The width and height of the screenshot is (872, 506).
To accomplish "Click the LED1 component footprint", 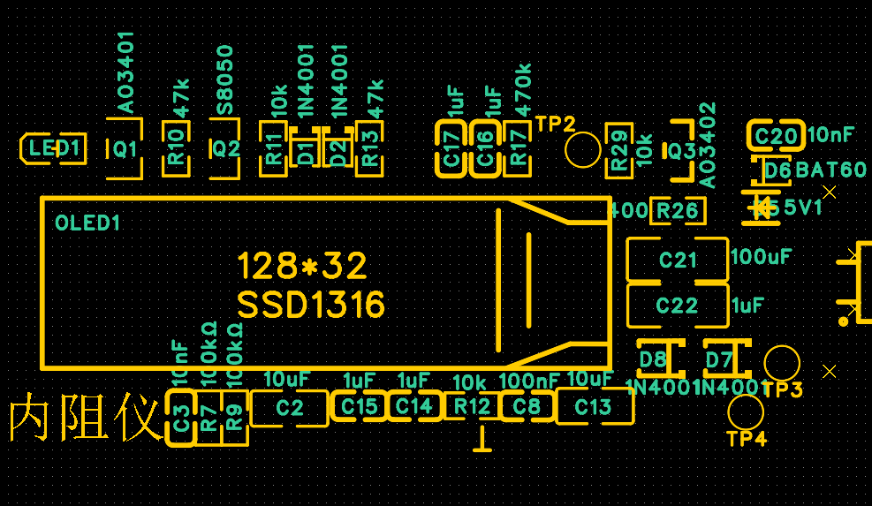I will pyautogui.click(x=53, y=148).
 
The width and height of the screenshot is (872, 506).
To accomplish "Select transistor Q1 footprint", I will pyautogui.click(x=125, y=148).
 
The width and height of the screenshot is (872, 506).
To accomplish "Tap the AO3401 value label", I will pyautogui.click(x=125, y=72).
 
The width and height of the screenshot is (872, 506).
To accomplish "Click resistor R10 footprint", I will pyautogui.click(x=178, y=148).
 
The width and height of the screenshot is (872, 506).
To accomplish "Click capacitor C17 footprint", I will pyautogui.click(x=451, y=148).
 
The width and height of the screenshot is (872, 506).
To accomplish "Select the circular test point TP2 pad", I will pyautogui.click(x=583, y=149).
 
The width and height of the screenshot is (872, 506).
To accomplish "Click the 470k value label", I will pyautogui.click(x=522, y=89).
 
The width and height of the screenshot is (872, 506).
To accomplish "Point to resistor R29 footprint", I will pyautogui.click(x=618, y=148).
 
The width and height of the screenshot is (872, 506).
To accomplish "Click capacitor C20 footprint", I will pyautogui.click(x=776, y=136).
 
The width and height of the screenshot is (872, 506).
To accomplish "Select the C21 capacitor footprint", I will pyautogui.click(x=678, y=260).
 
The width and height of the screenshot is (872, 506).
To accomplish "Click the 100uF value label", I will pyautogui.click(x=762, y=257).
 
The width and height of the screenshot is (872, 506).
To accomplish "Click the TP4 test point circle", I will pyautogui.click(x=746, y=412).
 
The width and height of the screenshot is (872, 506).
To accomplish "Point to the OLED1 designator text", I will pyautogui.click(x=87, y=223).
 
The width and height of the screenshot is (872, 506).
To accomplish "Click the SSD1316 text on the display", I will pyautogui.click(x=311, y=306).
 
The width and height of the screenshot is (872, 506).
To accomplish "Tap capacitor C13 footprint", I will pyautogui.click(x=594, y=407).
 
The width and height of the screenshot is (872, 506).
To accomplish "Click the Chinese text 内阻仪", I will pyautogui.click(x=85, y=419).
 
